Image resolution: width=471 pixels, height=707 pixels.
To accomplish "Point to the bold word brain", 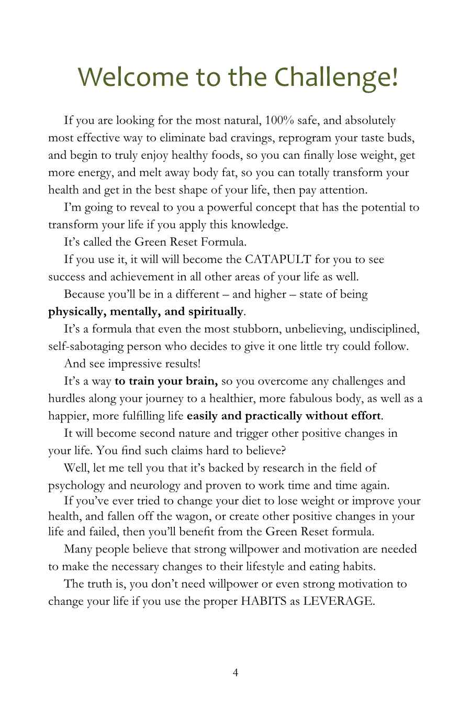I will point(201,381).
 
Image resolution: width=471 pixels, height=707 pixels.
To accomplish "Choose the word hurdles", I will point(66,399).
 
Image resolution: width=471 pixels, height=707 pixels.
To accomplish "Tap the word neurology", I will point(136,485).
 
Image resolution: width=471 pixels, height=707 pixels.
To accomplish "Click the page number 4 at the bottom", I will point(235,672).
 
